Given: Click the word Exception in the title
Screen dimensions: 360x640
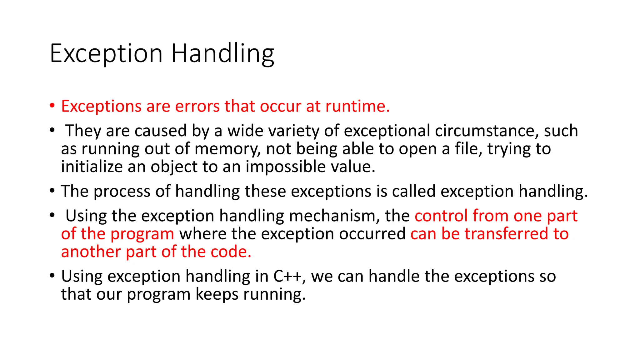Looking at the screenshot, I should tap(106, 54).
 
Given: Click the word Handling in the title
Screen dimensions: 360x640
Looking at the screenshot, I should tap(222, 54).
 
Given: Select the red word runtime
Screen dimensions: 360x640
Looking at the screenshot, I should tap(357, 106).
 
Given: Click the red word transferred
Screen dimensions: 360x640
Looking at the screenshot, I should tap(506, 234).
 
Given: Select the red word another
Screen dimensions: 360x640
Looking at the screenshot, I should tap(91, 252).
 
